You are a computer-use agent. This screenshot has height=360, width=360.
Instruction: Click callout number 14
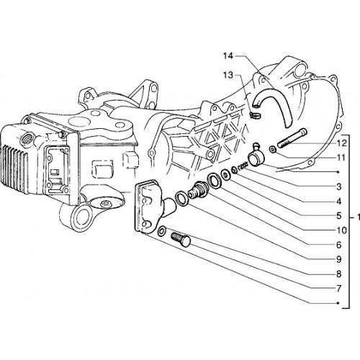(x=228, y=56)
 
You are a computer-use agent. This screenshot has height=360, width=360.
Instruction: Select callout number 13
(x=228, y=76)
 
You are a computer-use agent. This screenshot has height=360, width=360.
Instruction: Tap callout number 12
(x=342, y=143)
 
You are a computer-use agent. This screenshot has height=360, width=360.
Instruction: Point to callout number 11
(x=341, y=158)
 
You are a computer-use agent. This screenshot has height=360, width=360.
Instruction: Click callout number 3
(x=338, y=186)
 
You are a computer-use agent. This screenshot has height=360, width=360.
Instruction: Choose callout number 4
(x=338, y=202)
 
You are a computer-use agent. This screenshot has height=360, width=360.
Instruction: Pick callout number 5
(x=338, y=216)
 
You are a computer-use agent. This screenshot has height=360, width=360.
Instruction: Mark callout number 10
(x=342, y=230)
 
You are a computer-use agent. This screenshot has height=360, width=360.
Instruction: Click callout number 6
(x=338, y=245)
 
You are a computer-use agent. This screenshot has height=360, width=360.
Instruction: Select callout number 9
(x=338, y=259)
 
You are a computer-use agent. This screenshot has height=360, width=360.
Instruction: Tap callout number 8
(x=338, y=274)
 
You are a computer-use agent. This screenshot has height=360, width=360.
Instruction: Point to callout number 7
(x=338, y=289)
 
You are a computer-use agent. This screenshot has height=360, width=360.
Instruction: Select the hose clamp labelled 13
(x=256, y=115)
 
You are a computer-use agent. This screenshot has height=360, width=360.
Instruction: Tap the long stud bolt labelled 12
(x=292, y=138)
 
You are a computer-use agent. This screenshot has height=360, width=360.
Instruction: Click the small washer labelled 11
(x=273, y=150)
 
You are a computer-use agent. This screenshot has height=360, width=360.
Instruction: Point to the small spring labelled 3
(x=243, y=166)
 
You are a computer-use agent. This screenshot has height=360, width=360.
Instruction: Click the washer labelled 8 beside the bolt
(x=161, y=230)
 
